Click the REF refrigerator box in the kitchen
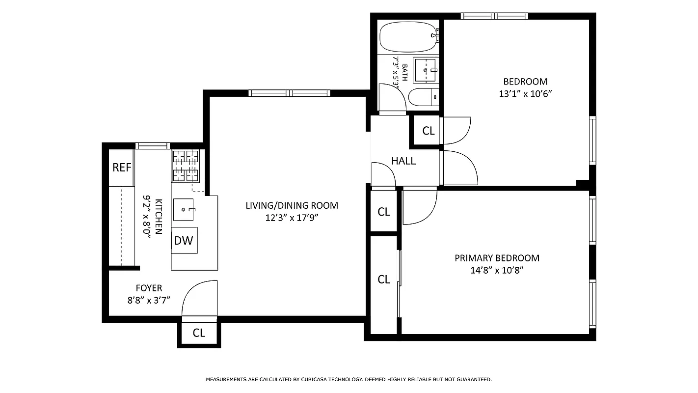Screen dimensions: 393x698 pos(122,168)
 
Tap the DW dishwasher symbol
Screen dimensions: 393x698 pos(184,241)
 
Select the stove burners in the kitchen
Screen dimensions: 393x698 pos(186,165)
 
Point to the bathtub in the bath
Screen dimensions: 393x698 pos(408,37)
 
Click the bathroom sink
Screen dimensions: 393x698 pos(425,70)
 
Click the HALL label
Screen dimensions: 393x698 pos(403,161)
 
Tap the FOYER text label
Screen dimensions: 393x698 pos(149,288)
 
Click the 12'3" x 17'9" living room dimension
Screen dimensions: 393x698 pos(292,218)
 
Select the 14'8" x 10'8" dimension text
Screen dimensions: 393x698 pos(497,270)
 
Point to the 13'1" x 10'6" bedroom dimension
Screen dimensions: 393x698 pos(525,94)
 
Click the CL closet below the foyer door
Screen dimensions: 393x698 pos(199,333)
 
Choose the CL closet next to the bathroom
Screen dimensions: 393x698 pos(429,131)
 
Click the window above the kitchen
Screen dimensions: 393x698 pos(152,145)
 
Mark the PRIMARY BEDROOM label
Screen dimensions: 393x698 pos(497,258)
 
